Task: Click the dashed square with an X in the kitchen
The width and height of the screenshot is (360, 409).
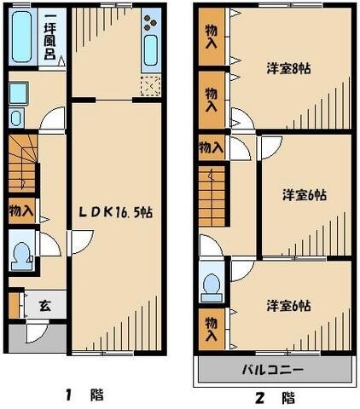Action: [x=150, y=86]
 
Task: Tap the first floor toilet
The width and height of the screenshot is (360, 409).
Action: [x=21, y=252]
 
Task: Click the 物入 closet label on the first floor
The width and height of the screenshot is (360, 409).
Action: [x=22, y=210]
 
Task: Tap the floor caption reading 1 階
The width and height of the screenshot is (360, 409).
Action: [x=84, y=395]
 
